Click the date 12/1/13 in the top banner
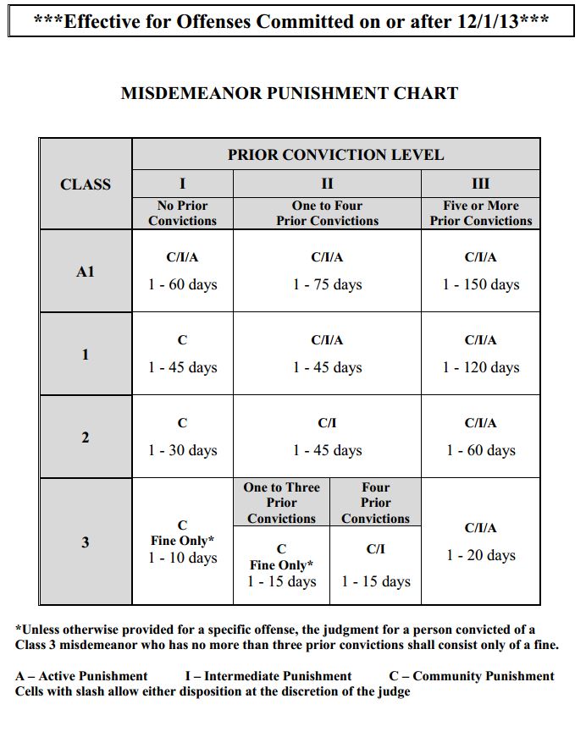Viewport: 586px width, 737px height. point(486,22)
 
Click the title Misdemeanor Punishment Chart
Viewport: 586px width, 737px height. point(290,93)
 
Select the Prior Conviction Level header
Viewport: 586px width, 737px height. point(335,155)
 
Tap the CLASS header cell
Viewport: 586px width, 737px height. point(85,184)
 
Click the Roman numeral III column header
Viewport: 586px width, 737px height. point(480,184)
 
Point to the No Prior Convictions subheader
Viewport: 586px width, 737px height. point(182,213)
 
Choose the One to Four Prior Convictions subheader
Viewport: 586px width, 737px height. point(327,213)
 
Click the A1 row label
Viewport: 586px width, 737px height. point(85,272)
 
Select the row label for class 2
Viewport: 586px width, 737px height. point(85,437)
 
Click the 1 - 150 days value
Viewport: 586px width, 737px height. point(480,285)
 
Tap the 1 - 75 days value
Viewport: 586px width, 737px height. point(327,285)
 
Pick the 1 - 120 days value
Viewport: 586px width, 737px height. point(480,368)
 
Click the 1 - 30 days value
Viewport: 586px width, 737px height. point(182,451)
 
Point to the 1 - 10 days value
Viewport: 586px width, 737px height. point(182,558)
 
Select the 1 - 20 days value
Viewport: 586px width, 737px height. point(480,556)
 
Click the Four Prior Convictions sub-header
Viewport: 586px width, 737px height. point(375,503)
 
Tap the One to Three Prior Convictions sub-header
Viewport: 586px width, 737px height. point(281,503)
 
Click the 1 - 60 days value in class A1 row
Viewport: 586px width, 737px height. point(182,285)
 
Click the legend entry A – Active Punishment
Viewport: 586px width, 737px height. point(81,676)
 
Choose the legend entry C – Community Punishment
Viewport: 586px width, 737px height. point(471,676)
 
